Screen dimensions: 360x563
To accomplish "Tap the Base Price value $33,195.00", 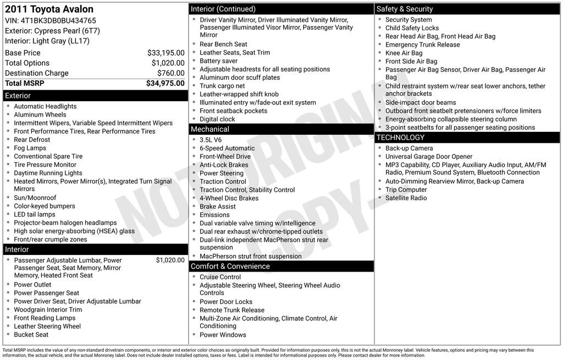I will pyautogui.click(x=165, y=53).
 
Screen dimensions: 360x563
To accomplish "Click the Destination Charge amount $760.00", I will pyautogui.click(x=170, y=73).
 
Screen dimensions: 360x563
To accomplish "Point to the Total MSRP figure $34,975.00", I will pyautogui.click(x=165, y=83).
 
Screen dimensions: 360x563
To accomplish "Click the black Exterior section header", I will pyautogui.click(x=95, y=96).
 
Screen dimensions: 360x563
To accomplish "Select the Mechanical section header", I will pyautogui.click(x=281, y=129).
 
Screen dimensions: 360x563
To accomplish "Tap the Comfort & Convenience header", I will pyautogui.click(x=281, y=267).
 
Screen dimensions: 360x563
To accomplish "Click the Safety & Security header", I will pyautogui.click(x=467, y=9).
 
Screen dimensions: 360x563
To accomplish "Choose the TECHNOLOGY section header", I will pyautogui.click(x=467, y=137).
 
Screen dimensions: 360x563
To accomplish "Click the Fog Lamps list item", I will pyautogui.click(x=30, y=148).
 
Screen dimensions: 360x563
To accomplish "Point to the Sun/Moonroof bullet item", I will pyautogui.click(x=35, y=198).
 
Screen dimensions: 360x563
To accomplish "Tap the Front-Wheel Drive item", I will pyautogui.click(x=225, y=157).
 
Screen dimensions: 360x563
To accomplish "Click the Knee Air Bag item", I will pyautogui.click(x=404, y=53).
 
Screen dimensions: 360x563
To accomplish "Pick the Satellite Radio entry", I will pyautogui.click(x=406, y=198).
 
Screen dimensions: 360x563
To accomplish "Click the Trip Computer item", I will pyautogui.click(x=406, y=190).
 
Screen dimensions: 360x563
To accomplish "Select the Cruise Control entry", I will pyautogui.click(x=220, y=277).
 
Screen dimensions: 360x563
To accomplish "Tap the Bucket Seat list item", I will pyautogui.click(x=31, y=335).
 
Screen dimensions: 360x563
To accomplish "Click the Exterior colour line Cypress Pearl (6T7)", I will pyautogui.click(x=52, y=31).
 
